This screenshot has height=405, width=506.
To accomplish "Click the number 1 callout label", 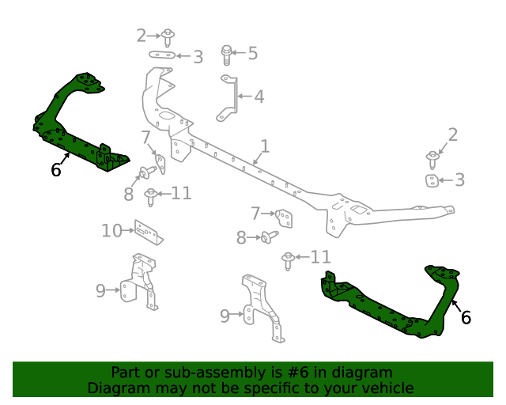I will pyautogui.click(x=265, y=146).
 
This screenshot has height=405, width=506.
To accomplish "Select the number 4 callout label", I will pyautogui.click(x=259, y=97).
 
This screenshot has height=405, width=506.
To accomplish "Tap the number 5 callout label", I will pyautogui.click(x=252, y=53).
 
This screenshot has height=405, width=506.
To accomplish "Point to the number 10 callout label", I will pyautogui.click(x=111, y=231).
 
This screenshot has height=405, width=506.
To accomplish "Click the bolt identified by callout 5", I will pyautogui.click(x=226, y=54).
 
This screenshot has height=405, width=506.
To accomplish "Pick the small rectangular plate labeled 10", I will pyautogui.click(x=148, y=232).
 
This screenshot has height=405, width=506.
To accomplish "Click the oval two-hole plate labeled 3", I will pyautogui.click(x=162, y=55).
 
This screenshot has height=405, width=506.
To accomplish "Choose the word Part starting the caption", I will pyautogui.click(x=126, y=373).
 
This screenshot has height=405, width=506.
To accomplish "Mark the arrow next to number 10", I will pyautogui.click(x=130, y=231).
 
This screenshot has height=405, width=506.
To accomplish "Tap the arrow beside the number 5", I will pyautogui.click(x=238, y=53).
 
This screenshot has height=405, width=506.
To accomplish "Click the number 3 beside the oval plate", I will pyautogui.click(x=198, y=56).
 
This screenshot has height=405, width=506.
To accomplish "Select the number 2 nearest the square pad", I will pyautogui.click(x=452, y=134).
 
